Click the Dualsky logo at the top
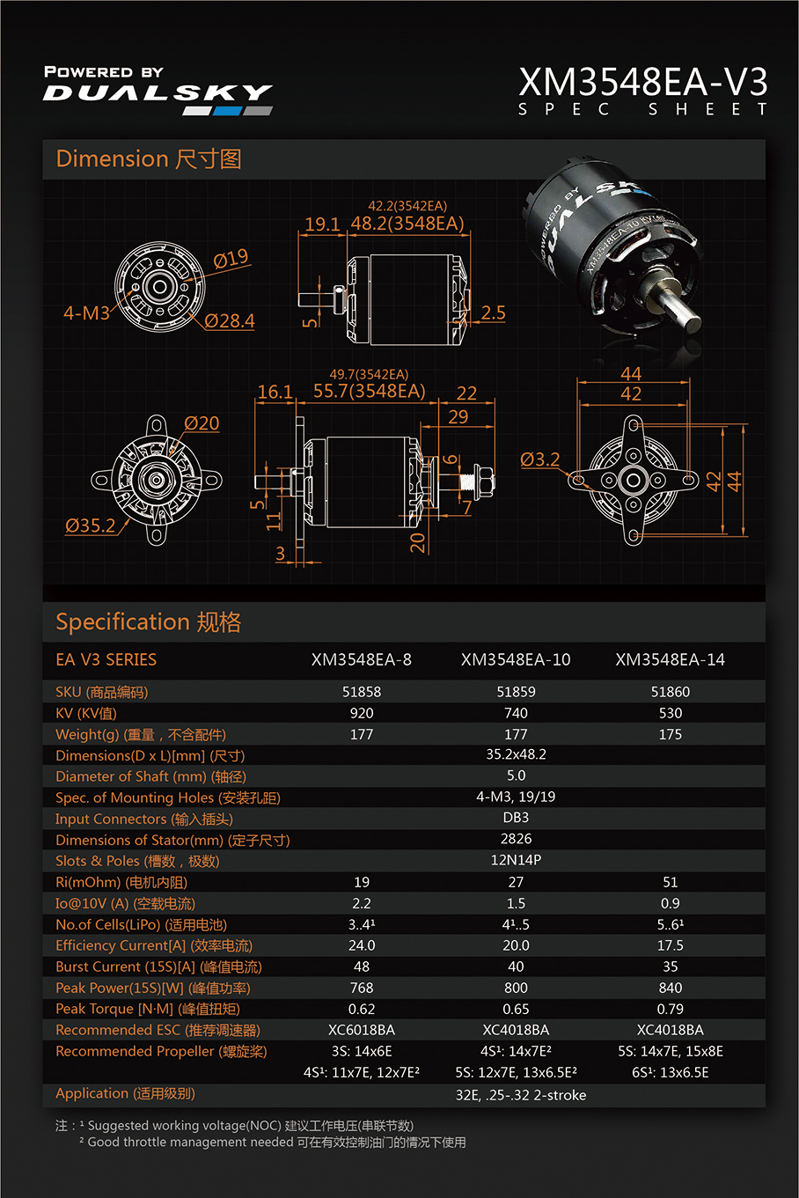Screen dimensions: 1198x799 point(158,92)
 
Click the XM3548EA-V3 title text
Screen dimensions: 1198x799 point(642,82)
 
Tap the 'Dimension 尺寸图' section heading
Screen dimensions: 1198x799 point(148,159)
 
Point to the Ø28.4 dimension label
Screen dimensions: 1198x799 point(230,321)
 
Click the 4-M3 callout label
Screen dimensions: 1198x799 point(86,312)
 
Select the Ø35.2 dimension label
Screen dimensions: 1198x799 point(90,526)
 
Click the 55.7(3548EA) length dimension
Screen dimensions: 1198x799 point(369,391)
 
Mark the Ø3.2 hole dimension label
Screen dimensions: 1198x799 point(539,459)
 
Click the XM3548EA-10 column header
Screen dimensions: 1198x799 point(516,659)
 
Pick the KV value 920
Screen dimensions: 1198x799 point(362,713)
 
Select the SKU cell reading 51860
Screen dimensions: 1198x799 point(670,692)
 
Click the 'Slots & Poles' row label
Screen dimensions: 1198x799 point(137,861)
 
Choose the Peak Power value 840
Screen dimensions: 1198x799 point(670,988)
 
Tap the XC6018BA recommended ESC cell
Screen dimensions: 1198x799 point(362,1030)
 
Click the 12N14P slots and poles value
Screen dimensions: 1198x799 point(516,860)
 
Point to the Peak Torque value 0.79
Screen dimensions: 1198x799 point(670,1009)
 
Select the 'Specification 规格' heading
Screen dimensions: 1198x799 point(148,622)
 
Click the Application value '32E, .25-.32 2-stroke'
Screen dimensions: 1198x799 point(520,1095)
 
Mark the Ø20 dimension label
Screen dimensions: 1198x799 point(202,423)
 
